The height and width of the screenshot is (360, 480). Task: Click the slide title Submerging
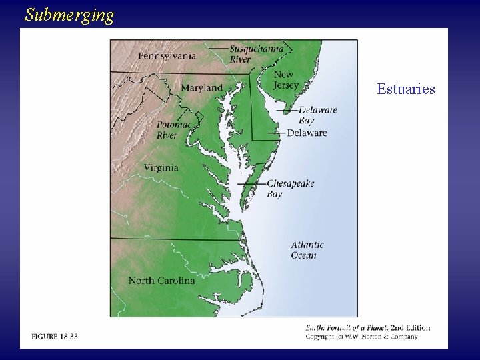coord(69,15)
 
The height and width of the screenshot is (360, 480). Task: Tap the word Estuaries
coord(405,89)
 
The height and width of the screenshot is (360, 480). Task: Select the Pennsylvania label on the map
coord(167,55)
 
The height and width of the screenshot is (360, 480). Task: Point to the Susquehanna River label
coord(256,53)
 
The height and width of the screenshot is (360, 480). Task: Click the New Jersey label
coord(286,80)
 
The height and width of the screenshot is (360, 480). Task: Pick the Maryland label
coord(201,87)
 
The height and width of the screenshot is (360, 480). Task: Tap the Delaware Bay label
coord(317,115)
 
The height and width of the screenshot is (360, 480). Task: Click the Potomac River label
coord(174,130)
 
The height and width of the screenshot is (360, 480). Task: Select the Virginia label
coord(161,168)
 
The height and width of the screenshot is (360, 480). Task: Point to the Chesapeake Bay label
coord(290,188)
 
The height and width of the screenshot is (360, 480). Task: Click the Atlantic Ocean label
coord(307,250)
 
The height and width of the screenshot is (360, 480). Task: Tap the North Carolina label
coord(161,281)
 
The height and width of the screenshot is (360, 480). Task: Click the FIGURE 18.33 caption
coord(54,337)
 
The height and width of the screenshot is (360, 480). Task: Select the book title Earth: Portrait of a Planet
coord(346,327)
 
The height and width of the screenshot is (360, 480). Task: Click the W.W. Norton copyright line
coord(361,337)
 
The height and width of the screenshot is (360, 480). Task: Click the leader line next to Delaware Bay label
coord(287,111)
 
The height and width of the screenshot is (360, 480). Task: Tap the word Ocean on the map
coord(303,255)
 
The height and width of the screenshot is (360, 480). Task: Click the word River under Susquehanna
coord(241,59)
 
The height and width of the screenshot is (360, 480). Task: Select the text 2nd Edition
coord(410,327)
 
